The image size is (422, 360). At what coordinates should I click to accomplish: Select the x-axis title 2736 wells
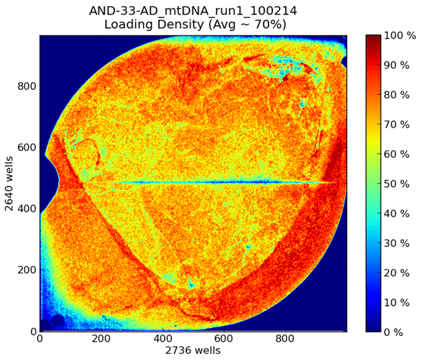click(193, 350)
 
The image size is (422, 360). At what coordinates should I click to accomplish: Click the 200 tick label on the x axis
click(101, 339)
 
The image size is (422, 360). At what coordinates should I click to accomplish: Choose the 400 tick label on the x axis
click(163, 339)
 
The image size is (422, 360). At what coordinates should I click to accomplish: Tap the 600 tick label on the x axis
click(224, 339)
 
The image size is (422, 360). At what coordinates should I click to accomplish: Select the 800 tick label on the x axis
click(286, 339)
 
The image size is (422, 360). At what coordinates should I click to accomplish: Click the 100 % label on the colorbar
click(400, 35)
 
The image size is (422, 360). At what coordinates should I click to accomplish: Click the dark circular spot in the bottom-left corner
click(57, 321)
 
